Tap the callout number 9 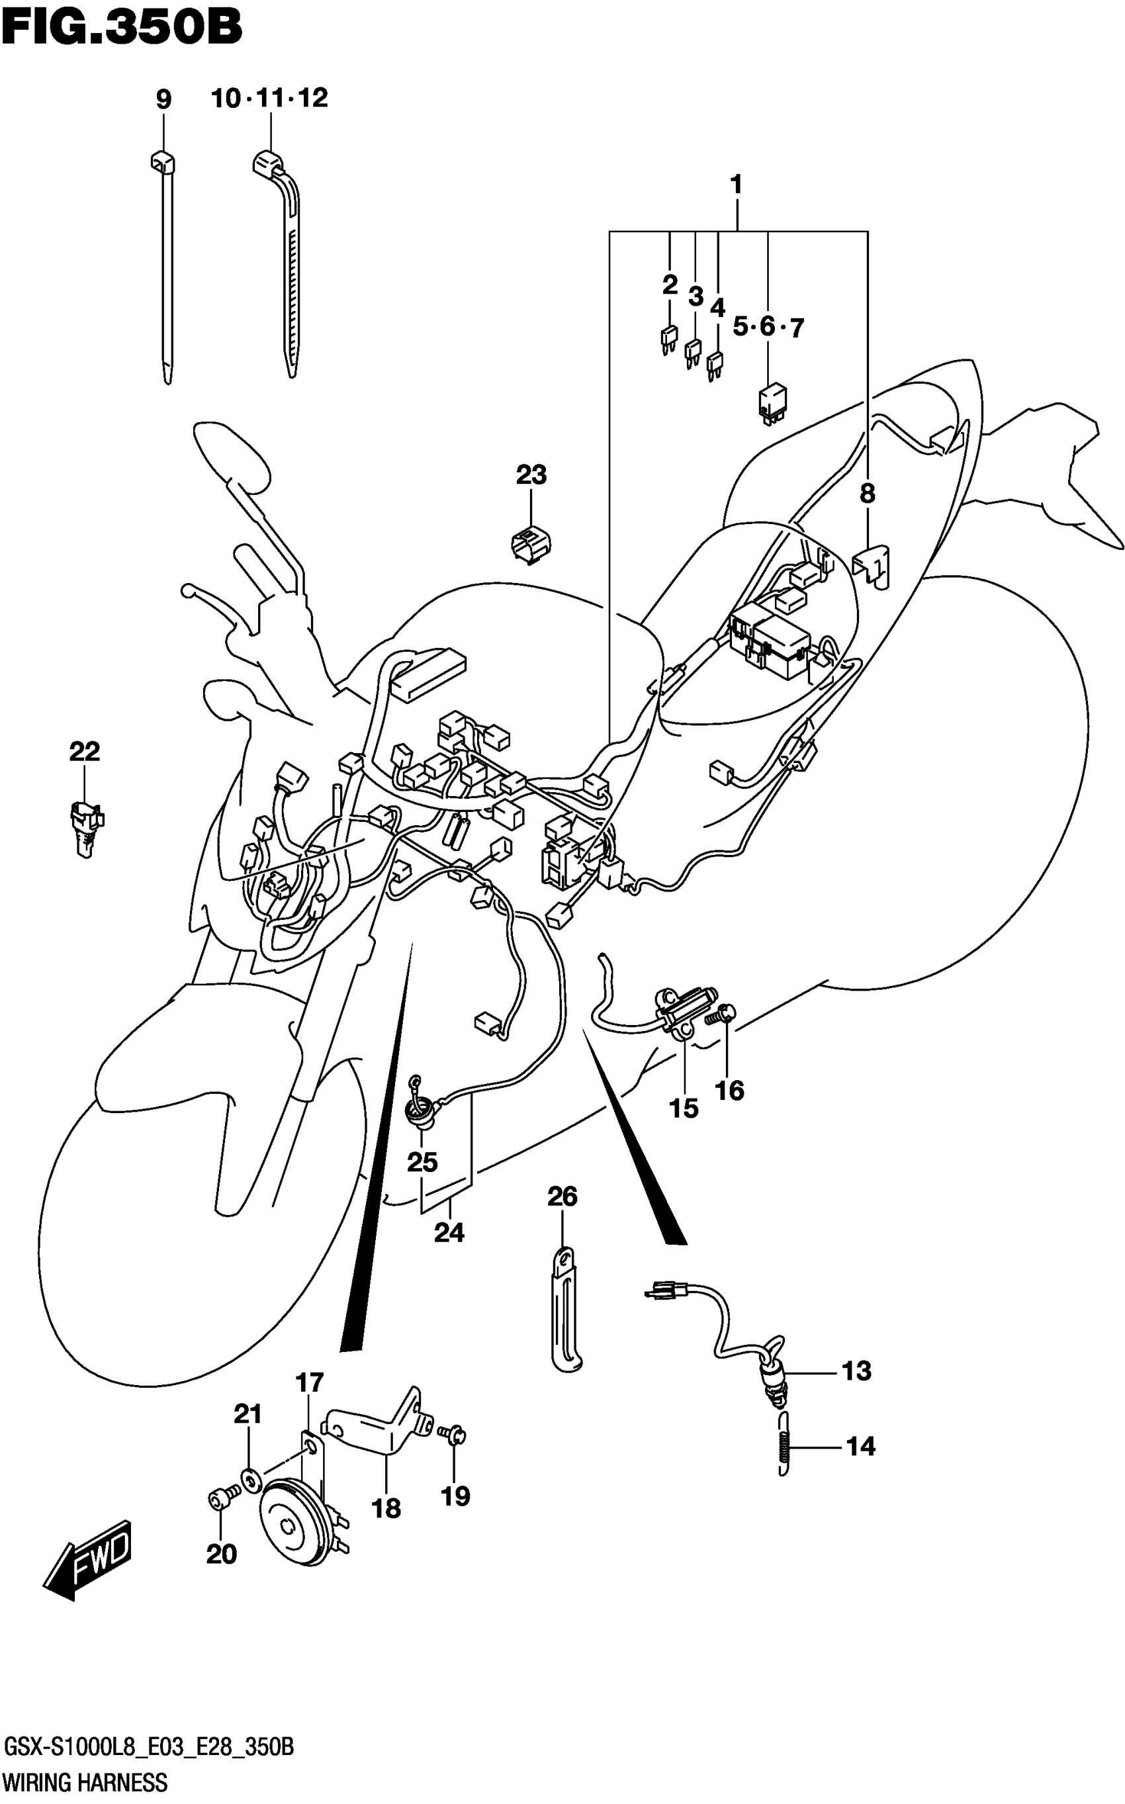coord(163,100)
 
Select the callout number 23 coord(531,474)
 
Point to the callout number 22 coord(84,751)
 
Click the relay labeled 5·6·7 coord(772,402)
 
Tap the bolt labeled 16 coord(725,1014)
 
